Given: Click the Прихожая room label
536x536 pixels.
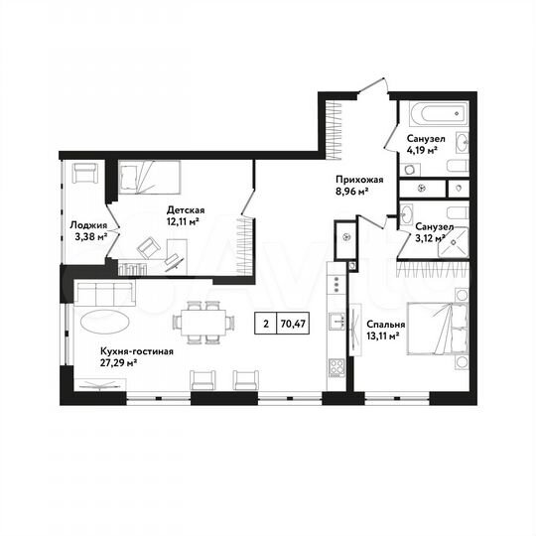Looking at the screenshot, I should (355, 180).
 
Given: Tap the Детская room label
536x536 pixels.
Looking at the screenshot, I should (186, 209).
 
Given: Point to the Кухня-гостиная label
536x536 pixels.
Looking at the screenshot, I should (137, 351).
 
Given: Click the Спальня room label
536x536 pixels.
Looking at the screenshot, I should (385, 324).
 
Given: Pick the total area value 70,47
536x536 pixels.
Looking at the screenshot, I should (293, 323).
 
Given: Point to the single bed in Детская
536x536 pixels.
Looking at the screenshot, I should (149, 178).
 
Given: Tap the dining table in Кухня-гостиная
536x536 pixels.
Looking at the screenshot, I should (204, 322).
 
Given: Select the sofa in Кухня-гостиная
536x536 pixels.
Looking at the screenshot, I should (104, 294).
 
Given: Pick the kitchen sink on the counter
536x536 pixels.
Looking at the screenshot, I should (338, 321).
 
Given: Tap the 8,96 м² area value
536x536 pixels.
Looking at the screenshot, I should (352, 193).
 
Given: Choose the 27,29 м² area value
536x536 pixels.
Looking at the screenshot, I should (118, 363).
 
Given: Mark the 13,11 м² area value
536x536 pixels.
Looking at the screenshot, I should (382, 335).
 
